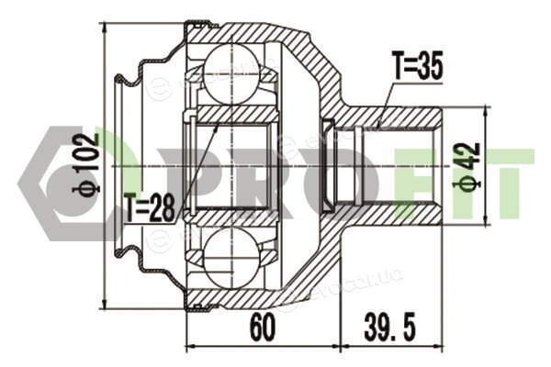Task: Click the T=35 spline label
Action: (x=417, y=65)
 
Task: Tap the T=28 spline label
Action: (x=150, y=207)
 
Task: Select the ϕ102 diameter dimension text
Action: (x=85, y=163)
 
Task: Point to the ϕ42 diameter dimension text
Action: (x=469, y=166)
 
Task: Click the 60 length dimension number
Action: (x=262, y=328)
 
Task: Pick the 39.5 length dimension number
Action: (x=389, y=328)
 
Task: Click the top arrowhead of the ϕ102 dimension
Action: (x=105, y=28)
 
